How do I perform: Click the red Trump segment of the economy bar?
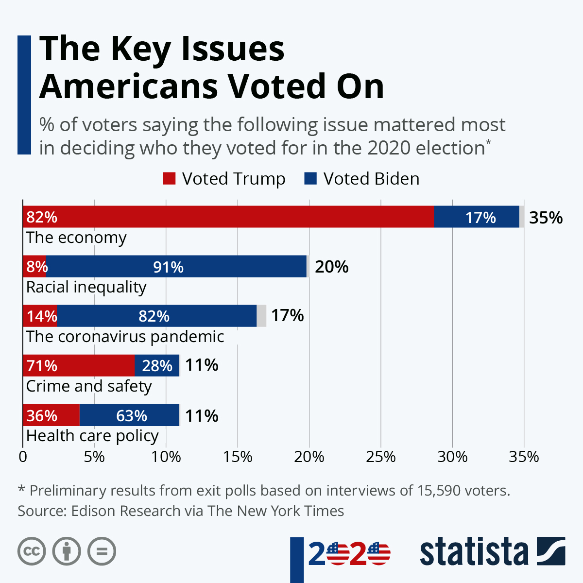[228, 217]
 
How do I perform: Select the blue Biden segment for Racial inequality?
[176, 266]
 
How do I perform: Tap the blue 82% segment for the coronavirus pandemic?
[156, 316]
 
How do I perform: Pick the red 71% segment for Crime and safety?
[79, 365]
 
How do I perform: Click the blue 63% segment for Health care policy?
[129, 415]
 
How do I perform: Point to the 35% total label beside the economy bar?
[546, 218]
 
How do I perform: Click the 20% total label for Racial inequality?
[331, 267]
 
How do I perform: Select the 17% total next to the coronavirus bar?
[287, 316]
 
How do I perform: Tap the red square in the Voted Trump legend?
[169, 179]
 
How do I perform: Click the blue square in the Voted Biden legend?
[310, 179]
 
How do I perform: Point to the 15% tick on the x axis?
[238, 457]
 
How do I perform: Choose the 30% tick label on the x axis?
[452, 457]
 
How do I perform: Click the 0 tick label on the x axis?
[23, 457]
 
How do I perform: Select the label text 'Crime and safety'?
[89, 386]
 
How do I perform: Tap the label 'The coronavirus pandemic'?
[125, 337]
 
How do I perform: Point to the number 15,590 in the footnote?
[439, 490]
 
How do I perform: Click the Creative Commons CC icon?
[32, 551]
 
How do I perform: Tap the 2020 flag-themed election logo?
[349, 554]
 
